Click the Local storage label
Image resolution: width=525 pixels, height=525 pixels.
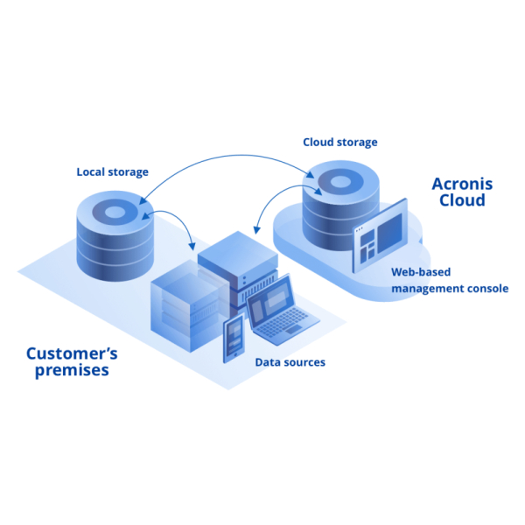(x=112, y=171)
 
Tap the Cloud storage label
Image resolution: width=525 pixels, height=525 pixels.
(x=340, y=142)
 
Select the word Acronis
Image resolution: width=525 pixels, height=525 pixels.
(x=462, y=185)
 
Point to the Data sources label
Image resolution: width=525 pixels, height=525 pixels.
(x=290, y=361)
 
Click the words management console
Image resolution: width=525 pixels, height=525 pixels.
(x=450, y=288)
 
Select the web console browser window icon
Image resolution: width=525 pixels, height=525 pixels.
(x=379, y=233)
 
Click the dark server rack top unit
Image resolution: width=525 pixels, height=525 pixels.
(x=236, y=249)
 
